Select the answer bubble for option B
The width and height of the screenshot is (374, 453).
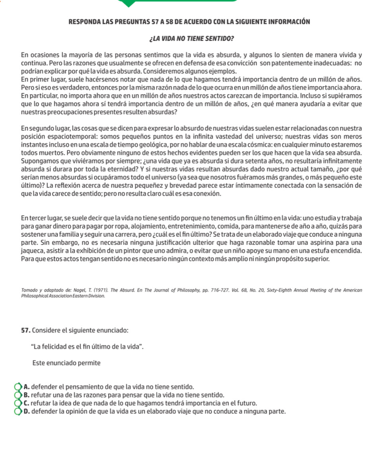coord(19,395)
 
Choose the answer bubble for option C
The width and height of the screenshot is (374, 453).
coord(19,403)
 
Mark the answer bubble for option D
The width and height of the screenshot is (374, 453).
coord(19,411)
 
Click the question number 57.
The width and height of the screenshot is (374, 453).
coord(26,330)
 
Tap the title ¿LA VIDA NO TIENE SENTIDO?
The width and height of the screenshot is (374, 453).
coord(185,40)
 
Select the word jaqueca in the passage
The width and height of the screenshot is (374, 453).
coord(32,251)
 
